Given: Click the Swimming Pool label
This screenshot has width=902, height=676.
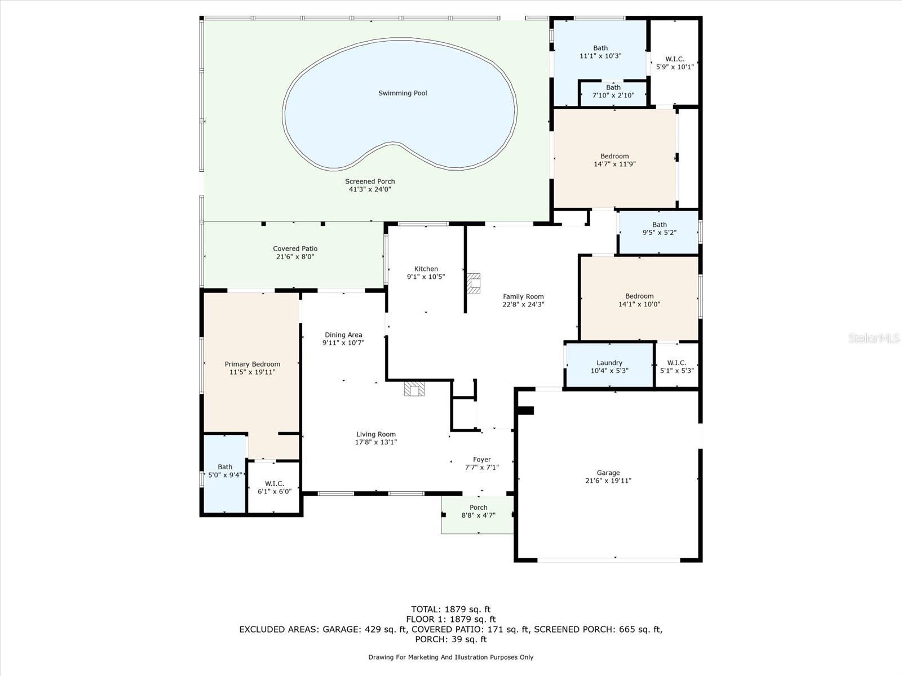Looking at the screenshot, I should tap(403, 93).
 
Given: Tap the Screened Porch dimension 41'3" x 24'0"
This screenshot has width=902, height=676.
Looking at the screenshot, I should tap(370, 189).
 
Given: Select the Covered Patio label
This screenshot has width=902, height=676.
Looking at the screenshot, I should tap(295, 248).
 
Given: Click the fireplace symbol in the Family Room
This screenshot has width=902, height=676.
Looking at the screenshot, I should tap(474, 283).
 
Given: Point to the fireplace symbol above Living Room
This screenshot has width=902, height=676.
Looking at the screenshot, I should tap(414, 389).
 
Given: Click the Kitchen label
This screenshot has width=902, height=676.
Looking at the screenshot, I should tap(426, 269).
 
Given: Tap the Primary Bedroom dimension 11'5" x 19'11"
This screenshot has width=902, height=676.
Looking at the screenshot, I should tap(252, 372).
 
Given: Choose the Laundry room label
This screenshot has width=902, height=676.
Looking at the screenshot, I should tap(609, 363).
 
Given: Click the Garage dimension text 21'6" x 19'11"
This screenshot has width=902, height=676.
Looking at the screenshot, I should tap(608, 481).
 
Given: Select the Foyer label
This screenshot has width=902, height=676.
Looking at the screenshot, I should tap(481, 460).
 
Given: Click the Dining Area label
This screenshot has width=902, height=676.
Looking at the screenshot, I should tap(343, 335).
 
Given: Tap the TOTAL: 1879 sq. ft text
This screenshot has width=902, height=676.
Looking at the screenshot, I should tap(450, 609).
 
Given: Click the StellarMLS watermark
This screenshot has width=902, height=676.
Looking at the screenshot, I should tap(874, 338).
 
